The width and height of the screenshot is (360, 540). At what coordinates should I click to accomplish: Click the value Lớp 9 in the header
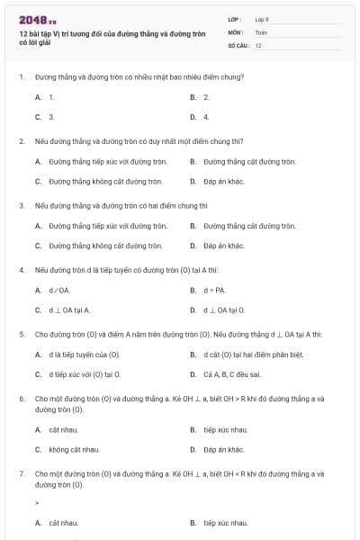coord(262,18)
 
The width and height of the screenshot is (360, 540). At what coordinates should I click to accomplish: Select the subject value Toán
coord(261,31)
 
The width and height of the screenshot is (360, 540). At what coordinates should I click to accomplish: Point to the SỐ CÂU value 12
coord(258,44)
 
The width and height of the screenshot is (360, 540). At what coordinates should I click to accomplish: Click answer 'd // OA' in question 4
coord(58,290)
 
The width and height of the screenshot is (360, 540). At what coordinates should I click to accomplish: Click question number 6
coord(22,398)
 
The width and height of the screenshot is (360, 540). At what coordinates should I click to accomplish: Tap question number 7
coord(22,472)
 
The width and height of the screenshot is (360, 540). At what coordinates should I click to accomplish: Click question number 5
coord(22,334)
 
